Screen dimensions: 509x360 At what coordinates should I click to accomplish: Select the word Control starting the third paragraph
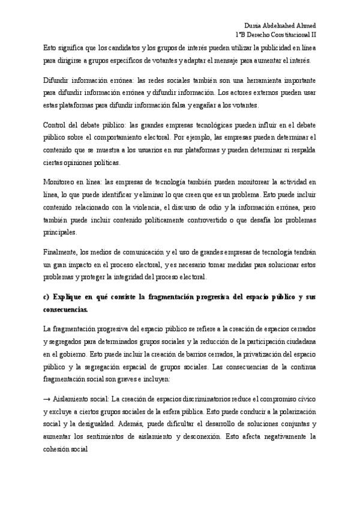(55, 125)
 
